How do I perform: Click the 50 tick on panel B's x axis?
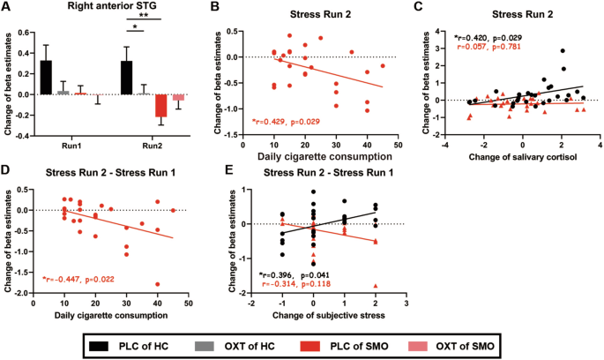(x=397, y=144)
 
